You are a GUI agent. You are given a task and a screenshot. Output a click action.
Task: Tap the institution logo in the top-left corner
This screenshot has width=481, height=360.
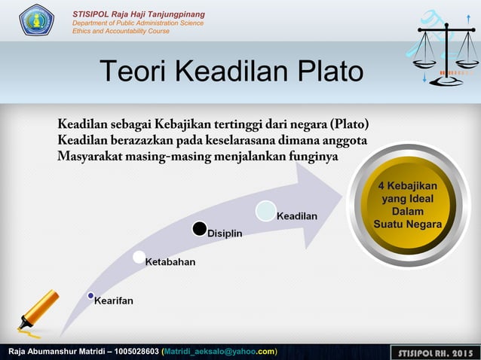point(36,20)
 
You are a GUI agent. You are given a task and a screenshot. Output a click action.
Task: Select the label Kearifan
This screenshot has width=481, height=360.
point(114,301)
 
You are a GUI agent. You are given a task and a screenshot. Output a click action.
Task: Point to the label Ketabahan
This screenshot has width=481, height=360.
point(170,261)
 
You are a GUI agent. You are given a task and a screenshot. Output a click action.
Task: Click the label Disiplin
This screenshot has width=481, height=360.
point(225,233)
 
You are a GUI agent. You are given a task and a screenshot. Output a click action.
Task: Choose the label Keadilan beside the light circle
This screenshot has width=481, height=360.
point(297,216)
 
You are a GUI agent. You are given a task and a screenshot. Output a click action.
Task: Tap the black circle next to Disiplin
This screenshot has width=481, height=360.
point(199,228)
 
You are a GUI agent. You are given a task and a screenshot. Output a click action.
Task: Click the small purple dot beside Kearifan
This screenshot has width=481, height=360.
point(90,295)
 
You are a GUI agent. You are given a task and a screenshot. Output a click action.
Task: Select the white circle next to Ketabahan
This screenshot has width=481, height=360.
point(139,258)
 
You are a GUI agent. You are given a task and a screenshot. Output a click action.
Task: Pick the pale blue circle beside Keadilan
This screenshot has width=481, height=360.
point(265,211)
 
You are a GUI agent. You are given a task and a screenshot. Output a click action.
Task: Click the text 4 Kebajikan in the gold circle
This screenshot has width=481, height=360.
point(407,185)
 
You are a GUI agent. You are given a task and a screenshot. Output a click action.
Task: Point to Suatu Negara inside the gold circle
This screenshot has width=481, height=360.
point(407,224)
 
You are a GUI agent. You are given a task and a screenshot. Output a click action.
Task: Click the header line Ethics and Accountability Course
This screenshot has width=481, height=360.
point(121,31)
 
